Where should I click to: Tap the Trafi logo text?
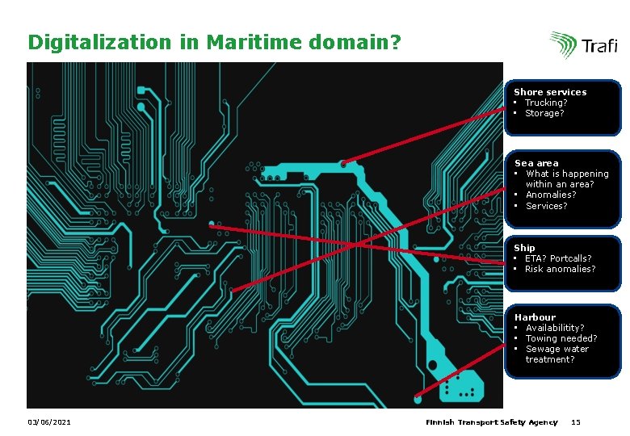tap(599, 47)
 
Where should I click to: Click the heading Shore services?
tap(550, 92)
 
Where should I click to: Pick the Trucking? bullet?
tap(546, 103)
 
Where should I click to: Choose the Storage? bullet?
tap(544, 113)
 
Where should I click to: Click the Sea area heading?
tap(536, 163)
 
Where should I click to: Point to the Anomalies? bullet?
tap(551, 195)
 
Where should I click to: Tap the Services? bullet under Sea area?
tap(547, 206)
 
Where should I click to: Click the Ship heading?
tap(524, 248)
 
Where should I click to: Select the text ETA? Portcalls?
tap(558, 258)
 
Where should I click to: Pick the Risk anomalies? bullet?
tap(560, 269)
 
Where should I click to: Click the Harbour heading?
tap(535, 317)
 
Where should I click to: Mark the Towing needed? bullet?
tap(561, 338)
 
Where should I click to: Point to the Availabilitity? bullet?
tap(555, 328)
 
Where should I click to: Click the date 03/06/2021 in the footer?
tap(48, 422)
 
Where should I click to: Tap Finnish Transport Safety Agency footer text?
tap(491, 422)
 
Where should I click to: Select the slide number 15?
tap(576, 422)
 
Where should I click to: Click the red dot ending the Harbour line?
tap(418, 396)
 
